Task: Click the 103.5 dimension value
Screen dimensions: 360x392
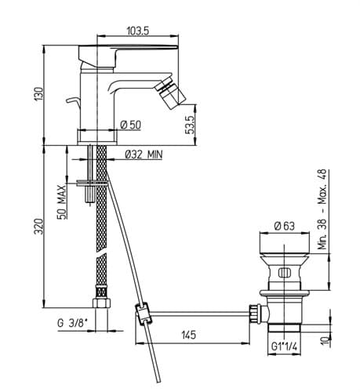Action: (x=137, y=31)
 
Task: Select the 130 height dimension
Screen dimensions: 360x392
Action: (x=38, y=95)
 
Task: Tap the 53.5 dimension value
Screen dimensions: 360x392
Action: (x=191, y=125)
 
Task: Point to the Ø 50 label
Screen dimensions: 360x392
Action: (x=130, y=125)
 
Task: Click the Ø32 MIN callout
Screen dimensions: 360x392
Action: (x=144, y=154)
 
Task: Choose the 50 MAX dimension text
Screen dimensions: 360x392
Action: (x=62, y=202)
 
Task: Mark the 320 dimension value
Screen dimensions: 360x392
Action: (x=38, y=227)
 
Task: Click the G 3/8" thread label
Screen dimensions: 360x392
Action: (x=72, y=323)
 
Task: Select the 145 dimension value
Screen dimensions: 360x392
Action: (x=188, y=335)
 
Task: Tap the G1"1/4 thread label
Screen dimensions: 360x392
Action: (x=284, y=347)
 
